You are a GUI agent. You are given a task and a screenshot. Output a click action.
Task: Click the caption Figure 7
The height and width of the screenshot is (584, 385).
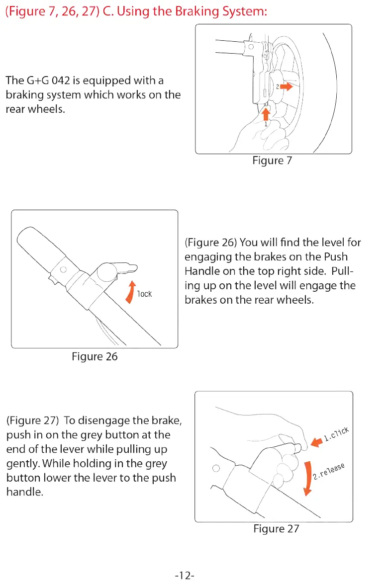(272, 161)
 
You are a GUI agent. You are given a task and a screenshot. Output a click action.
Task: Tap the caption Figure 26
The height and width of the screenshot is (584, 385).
(95, 356)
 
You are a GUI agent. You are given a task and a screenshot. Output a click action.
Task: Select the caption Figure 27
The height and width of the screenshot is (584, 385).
(276, 528)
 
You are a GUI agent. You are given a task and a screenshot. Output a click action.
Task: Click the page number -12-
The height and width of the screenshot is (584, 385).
(185, 576)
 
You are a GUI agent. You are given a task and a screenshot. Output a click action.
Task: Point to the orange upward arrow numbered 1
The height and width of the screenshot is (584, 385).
(266, 114)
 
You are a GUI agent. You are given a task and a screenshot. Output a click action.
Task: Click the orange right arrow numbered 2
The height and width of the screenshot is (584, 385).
(286, 86)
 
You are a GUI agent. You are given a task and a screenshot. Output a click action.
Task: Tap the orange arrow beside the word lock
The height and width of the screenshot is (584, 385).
(131, 290)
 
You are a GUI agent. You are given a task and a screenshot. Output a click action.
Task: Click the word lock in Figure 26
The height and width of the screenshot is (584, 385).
(145, 294)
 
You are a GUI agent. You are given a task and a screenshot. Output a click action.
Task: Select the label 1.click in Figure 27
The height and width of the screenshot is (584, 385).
(337, 433)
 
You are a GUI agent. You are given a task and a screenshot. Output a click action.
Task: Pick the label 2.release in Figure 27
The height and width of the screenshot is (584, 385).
(329, 471)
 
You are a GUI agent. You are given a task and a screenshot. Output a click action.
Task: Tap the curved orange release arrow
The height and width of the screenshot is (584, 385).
(307, 478)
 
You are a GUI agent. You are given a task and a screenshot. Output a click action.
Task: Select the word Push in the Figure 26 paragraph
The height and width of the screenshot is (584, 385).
(336, 257)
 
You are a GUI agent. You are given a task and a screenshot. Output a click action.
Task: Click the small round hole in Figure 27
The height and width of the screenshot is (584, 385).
(215, 468)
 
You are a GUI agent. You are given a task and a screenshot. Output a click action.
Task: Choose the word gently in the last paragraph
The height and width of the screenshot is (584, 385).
(22, 464)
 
